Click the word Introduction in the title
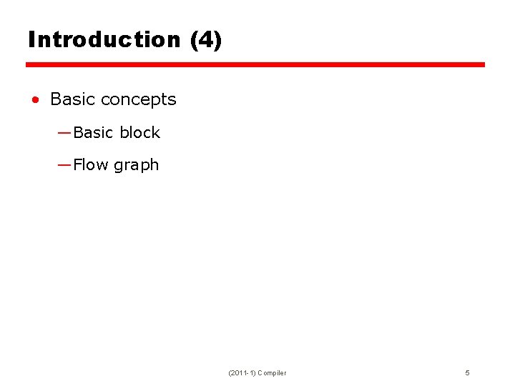104,39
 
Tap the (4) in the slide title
206,39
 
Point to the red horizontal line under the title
255,64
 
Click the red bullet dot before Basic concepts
34,100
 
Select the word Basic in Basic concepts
73,99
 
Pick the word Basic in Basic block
93,132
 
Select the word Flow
91,164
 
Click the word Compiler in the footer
272,373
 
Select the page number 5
467,373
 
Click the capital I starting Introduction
31,39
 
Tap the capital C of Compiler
260,373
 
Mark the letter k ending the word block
156,132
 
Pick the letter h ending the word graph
154,164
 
